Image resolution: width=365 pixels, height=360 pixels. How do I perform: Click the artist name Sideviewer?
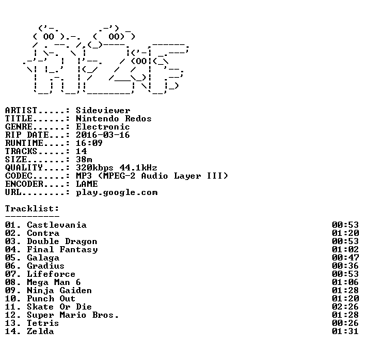[103, 110]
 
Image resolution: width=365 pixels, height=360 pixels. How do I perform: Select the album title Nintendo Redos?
[114, 119]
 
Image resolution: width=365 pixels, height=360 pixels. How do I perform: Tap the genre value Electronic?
[103, 127]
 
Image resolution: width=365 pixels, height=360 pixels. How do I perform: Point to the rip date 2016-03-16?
[103, 135]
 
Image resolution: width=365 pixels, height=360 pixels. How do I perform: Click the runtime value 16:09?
[89, 143]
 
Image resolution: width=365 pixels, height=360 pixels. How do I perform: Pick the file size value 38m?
[84, 160]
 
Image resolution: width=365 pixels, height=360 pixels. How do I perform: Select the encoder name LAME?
[86, 184]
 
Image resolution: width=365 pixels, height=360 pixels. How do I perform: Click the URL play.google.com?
[116, 193]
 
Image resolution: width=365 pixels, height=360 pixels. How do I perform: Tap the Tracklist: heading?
[32, 209]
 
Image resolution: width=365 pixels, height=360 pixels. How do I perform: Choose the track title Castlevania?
[57, 225]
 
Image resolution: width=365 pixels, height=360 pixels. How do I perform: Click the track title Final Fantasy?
[62, 250]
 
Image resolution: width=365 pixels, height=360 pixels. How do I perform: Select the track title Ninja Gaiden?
[59, 290]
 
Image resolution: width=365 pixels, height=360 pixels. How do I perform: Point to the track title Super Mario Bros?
[73, 315]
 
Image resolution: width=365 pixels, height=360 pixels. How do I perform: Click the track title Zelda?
[40, 331]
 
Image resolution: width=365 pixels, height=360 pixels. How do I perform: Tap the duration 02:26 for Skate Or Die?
[345, 307]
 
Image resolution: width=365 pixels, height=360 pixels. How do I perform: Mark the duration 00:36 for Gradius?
[345, 266]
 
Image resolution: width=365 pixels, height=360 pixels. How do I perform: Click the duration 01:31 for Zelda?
[345, 331]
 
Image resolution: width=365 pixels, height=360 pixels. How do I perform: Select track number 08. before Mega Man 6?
[13, 282]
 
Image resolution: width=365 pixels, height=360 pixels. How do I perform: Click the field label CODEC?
[18, 176]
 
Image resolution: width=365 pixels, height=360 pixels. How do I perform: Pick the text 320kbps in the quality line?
[95, 168]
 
